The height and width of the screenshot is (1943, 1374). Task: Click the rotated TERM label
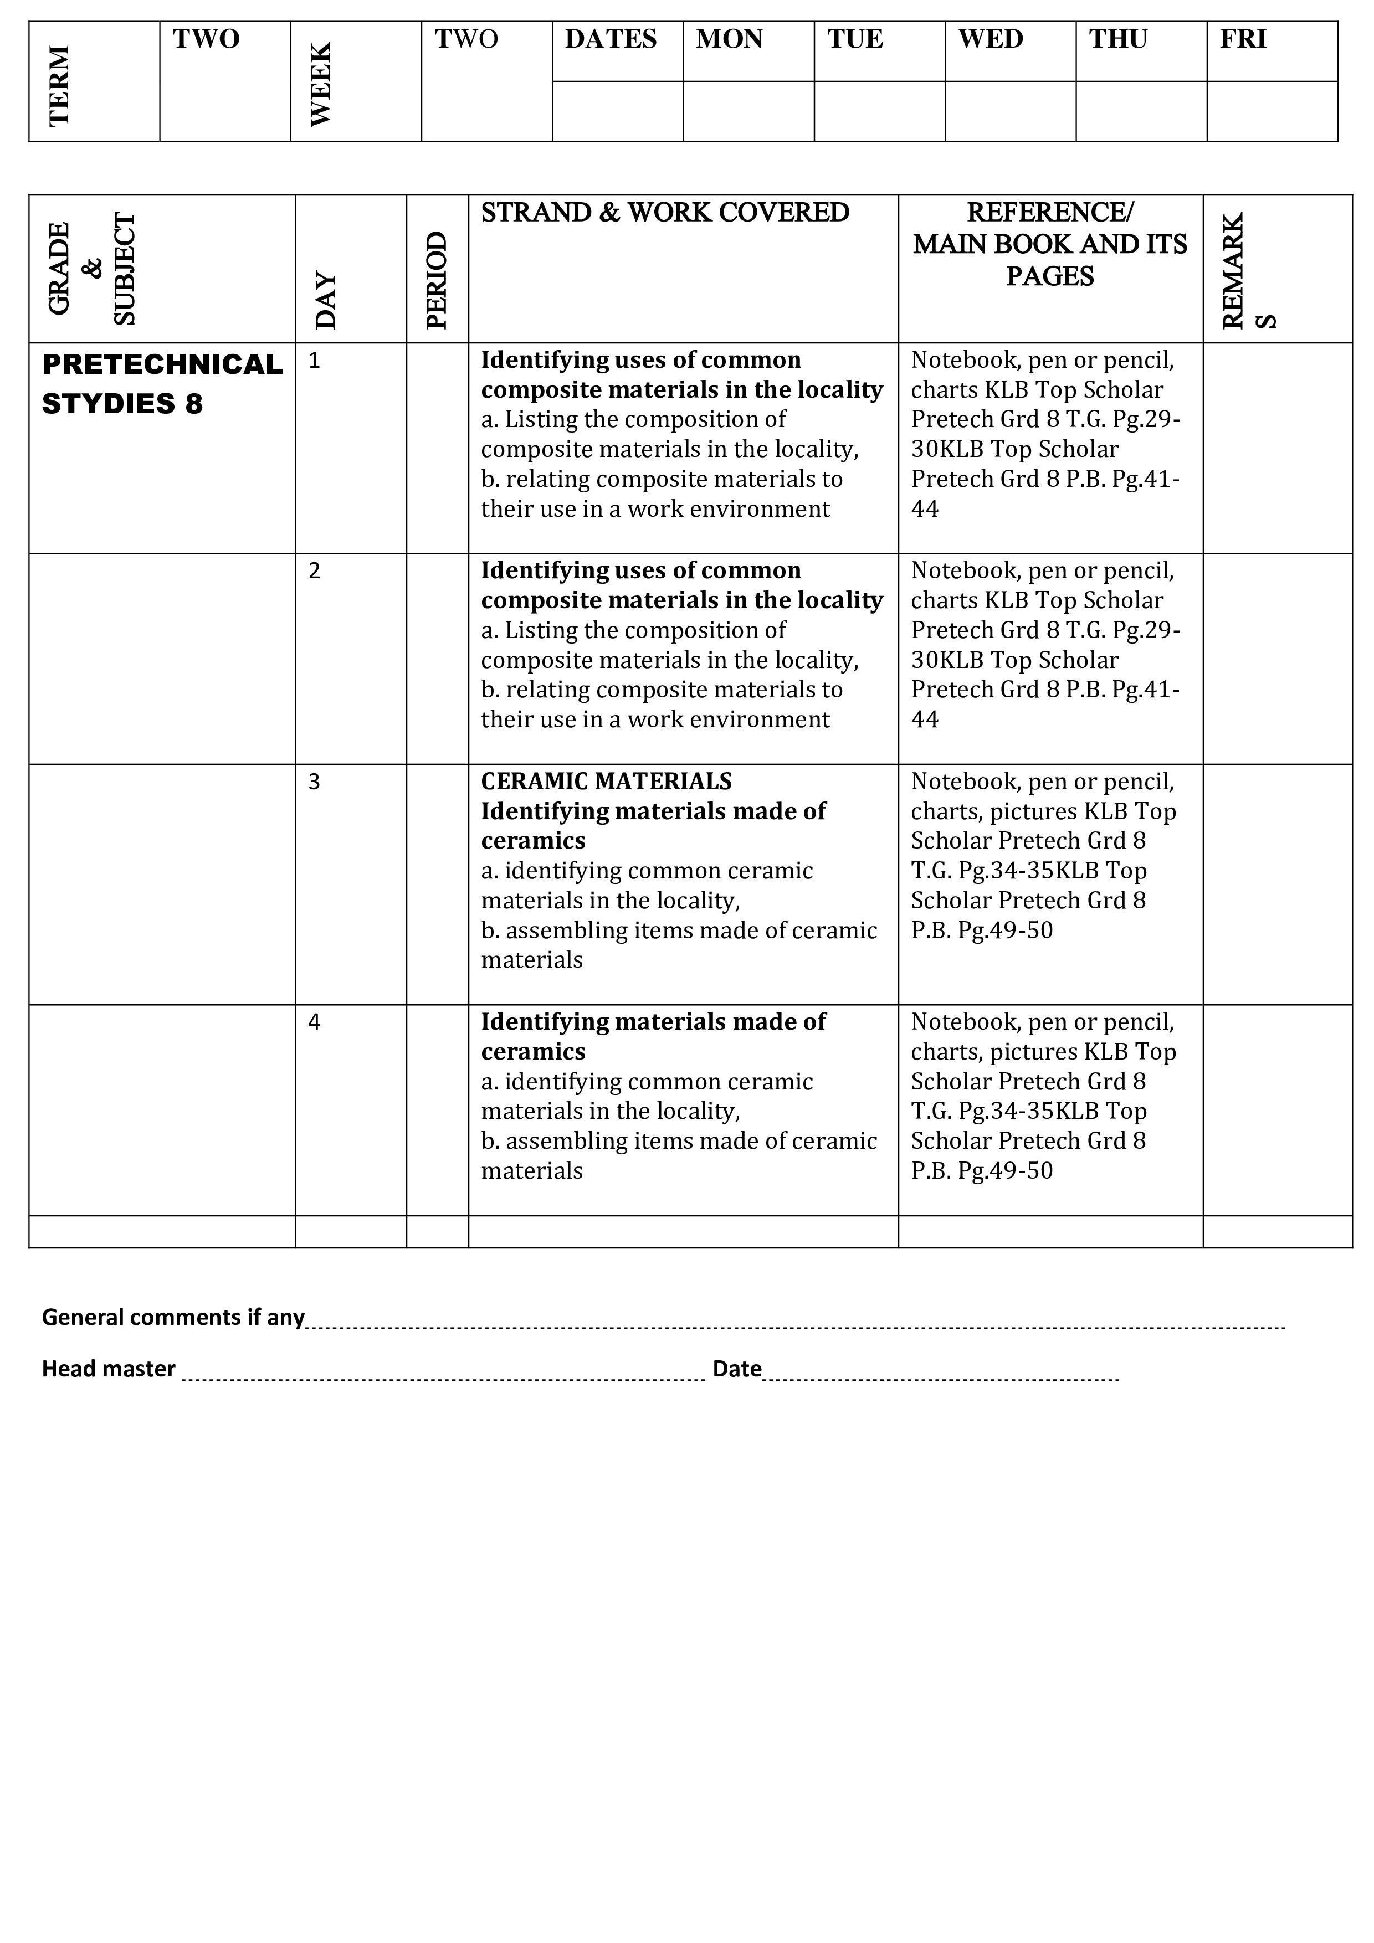click(59, 85)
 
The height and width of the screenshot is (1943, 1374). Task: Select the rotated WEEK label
click(321, 85)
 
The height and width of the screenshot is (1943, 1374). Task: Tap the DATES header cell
click(611, 39)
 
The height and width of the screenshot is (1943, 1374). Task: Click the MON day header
click(729, 39)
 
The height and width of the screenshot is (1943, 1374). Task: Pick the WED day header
click(991, 39)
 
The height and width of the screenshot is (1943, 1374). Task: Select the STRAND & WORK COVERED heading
click(665, 212)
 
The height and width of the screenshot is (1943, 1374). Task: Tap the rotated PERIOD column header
click(437, 280)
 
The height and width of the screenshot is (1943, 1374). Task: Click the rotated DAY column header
click(326, 300)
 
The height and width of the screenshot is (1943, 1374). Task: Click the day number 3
click(314, 782)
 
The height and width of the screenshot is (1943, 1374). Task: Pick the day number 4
click(314, 1022)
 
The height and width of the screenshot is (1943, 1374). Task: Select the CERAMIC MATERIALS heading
click(606, 781)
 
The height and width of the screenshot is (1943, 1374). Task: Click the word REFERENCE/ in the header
click(1050, 212)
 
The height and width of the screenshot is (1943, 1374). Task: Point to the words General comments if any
click(173, 1318)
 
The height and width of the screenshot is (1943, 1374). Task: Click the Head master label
click(109, 1369)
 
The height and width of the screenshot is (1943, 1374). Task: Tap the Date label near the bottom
click(736, 1369)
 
